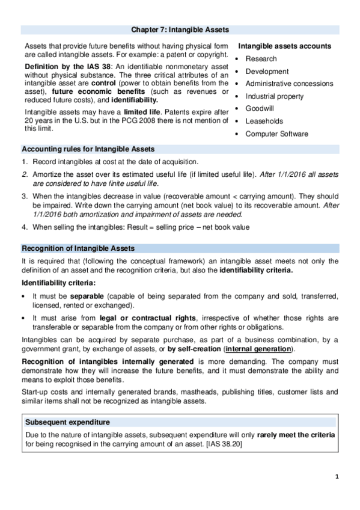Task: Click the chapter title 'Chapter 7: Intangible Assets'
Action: point(180,29)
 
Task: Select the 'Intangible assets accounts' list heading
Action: point(285,46)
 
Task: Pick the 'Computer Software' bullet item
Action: point(276,134)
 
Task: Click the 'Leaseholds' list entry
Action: point(264,121)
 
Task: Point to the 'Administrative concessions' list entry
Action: point(289,84)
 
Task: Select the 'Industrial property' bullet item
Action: point(275,96)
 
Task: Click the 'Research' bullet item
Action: point(261,58)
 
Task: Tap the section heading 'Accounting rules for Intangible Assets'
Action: point(88,149)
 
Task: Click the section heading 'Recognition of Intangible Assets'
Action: point(78,248)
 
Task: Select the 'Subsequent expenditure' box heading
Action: point(67,422)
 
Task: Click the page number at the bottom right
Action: point(337,476)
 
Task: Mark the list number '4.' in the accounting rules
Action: point(25,227)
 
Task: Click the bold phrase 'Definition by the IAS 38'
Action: point(68,65)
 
